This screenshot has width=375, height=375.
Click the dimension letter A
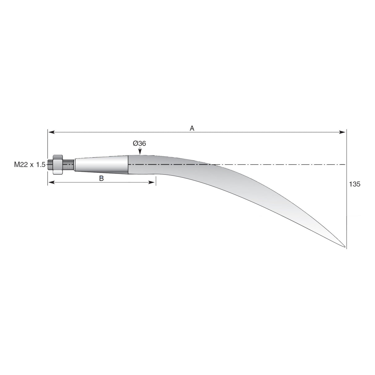(192, 128)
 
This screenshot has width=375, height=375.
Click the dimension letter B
(101, 178)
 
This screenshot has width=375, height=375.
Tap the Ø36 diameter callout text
(139, 143)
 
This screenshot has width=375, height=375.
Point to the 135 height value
(354, 184)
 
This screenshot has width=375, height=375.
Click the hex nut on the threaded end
(58, 165)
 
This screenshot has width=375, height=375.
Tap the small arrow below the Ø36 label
(140, 151)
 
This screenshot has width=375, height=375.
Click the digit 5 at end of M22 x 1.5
(43, 165)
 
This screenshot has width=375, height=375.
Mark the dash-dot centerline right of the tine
(278, 165)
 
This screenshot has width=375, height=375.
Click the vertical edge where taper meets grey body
(128, 165)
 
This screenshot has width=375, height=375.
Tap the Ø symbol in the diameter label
(135, 143)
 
